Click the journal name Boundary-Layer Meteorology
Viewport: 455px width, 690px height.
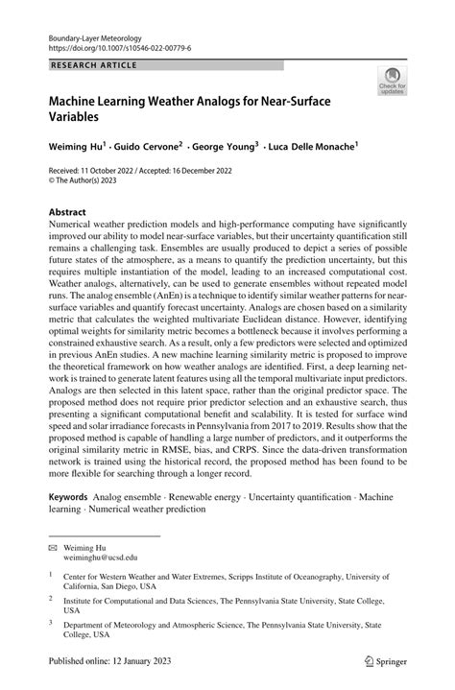coord(94,33)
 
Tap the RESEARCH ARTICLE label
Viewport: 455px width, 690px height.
coord(93,66)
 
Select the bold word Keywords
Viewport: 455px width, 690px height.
coord(67,498)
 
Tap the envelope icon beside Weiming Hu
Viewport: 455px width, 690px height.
coord(54,545)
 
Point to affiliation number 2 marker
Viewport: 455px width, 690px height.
coord(51,596)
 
